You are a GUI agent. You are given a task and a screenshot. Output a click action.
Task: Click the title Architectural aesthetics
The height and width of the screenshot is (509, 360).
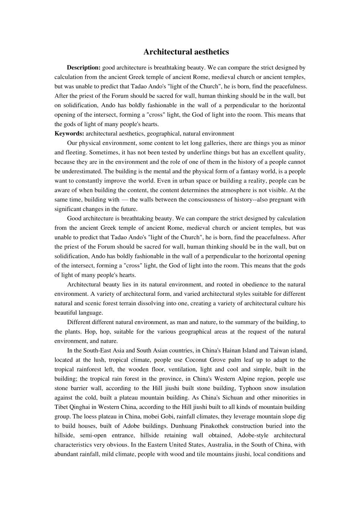click(x=186, y=52)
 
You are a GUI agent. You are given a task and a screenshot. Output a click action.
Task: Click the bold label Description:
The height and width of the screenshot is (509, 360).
click(x=83, y=68)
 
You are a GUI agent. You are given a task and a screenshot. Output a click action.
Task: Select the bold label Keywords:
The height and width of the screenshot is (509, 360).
click(x=69, y=134)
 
